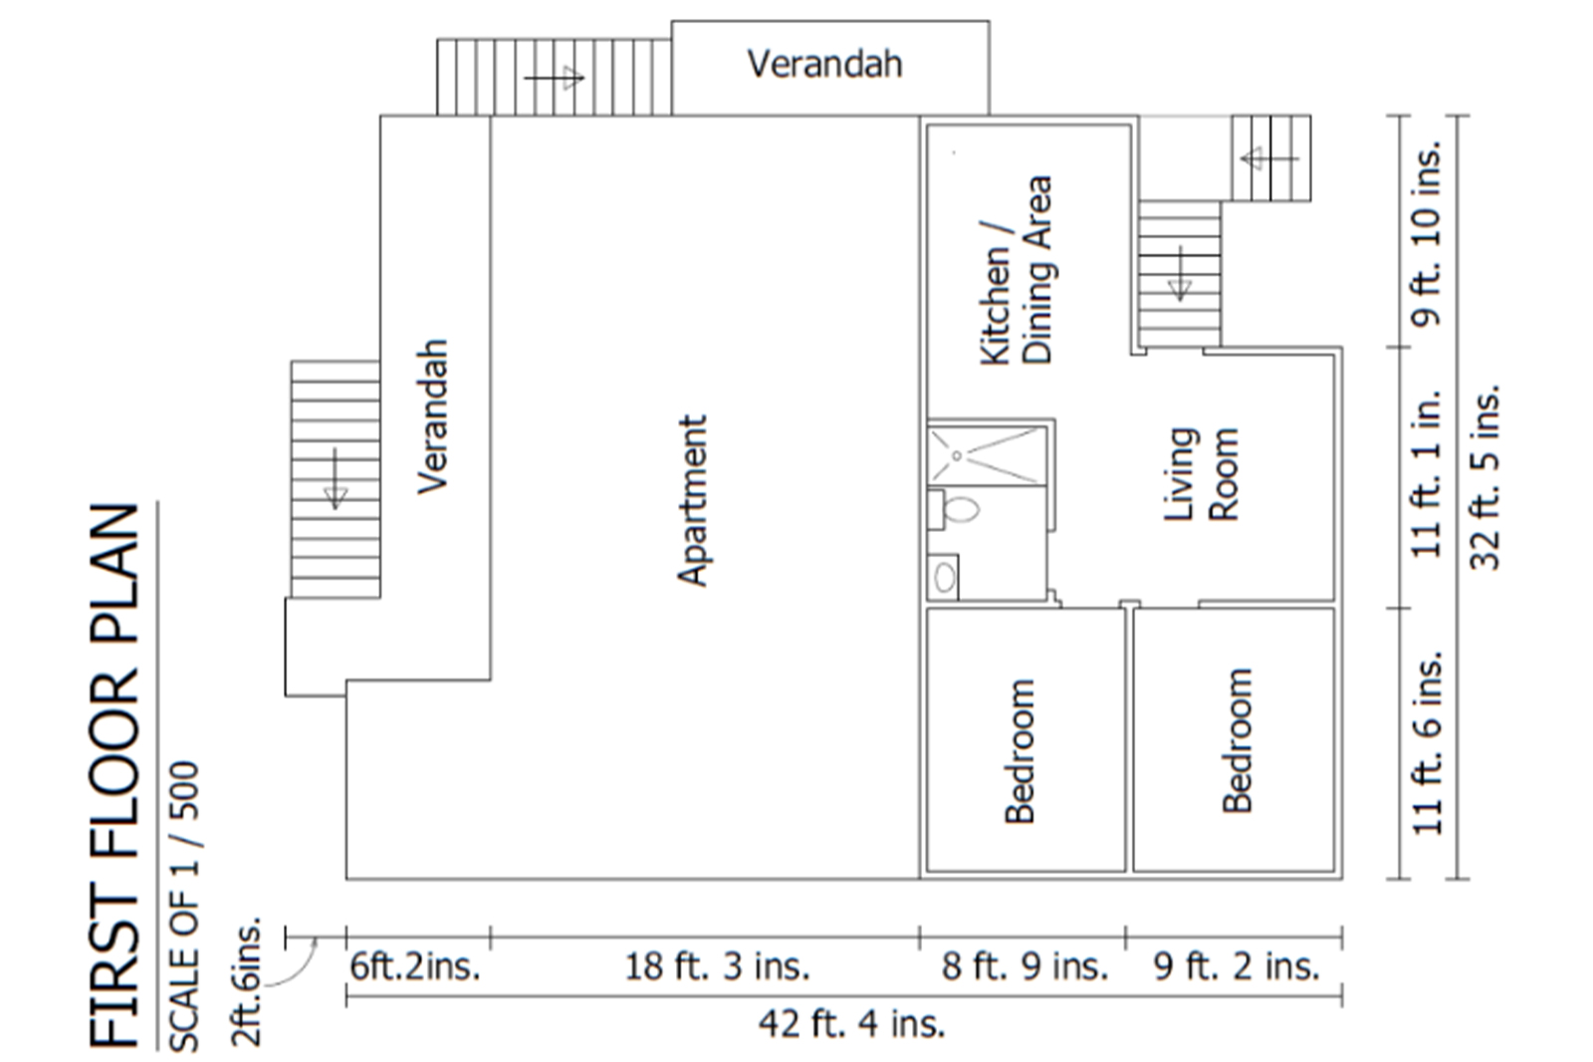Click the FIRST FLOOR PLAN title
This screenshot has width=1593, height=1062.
point(114,776)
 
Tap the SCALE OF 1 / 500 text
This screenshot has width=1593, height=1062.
point(184,907)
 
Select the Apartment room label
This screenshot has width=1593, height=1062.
point(692,500)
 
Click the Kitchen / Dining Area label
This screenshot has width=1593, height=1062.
point(1016,271)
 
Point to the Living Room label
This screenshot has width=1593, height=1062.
point(1201,474)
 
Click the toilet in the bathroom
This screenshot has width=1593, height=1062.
point(954,510)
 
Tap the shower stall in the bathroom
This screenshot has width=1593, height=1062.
point(987,455)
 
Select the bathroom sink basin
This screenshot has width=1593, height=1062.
point(944,577)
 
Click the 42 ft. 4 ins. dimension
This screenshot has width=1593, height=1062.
point(851,1024)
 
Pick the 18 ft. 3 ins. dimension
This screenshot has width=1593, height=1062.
point(717,966)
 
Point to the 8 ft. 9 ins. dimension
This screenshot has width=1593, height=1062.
point(1024,966)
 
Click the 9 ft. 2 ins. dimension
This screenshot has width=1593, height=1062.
point(1236,966)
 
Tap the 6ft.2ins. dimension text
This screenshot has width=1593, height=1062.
point(415,966)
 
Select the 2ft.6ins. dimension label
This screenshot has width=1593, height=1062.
point(247,981)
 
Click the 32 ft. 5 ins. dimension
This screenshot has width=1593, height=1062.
point(1484,477)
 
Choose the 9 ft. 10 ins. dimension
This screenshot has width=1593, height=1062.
point(1426,232)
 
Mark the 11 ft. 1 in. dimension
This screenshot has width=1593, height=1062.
point(1426,473)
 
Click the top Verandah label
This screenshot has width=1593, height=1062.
point(825,64)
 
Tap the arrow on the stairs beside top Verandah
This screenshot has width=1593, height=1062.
point(554,78)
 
